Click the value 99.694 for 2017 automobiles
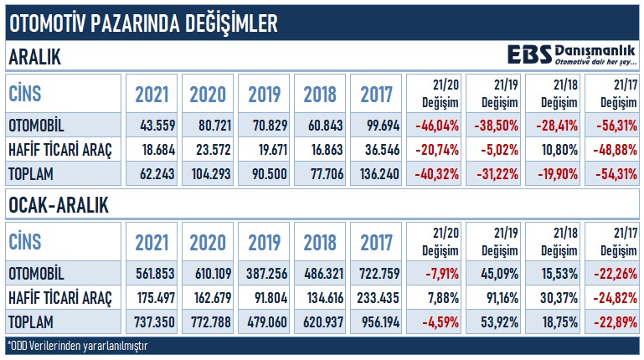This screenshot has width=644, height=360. tap(376, 126)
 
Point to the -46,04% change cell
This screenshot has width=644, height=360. tap(434, 126)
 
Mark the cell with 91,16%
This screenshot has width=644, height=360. tap(494, 297)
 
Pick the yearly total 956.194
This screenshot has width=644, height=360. tap(376, 321)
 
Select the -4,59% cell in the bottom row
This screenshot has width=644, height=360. tap(434, 321)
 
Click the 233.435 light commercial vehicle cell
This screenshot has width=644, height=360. tap(376, 297)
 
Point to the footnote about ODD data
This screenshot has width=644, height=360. tap(84, 345)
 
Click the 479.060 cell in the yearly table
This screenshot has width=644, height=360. tap(264, 321)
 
